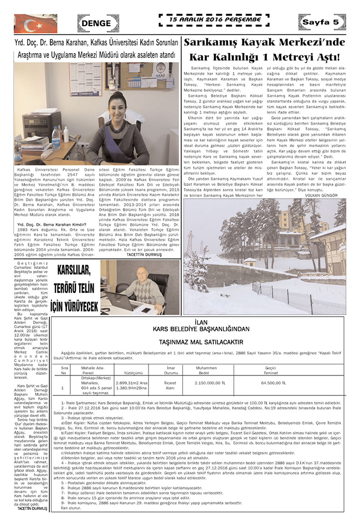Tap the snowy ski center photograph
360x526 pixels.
(x=265, y=256)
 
